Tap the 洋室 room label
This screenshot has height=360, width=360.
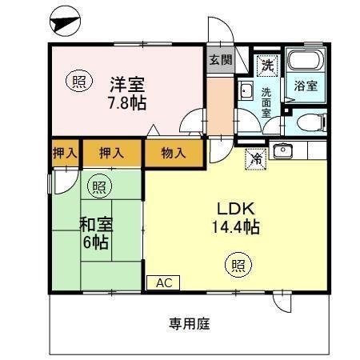[127, 82]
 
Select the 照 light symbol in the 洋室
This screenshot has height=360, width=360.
[77, 82]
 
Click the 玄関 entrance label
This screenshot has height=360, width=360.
[220, 59]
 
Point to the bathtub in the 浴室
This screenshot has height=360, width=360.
[304, 62]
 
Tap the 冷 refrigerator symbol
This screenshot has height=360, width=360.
[255, 158]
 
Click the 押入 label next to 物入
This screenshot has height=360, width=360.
[110, 152]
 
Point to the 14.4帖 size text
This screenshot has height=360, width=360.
[234, 227]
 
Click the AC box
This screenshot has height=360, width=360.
[163, 282]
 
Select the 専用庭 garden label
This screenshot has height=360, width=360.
[189, 324]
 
